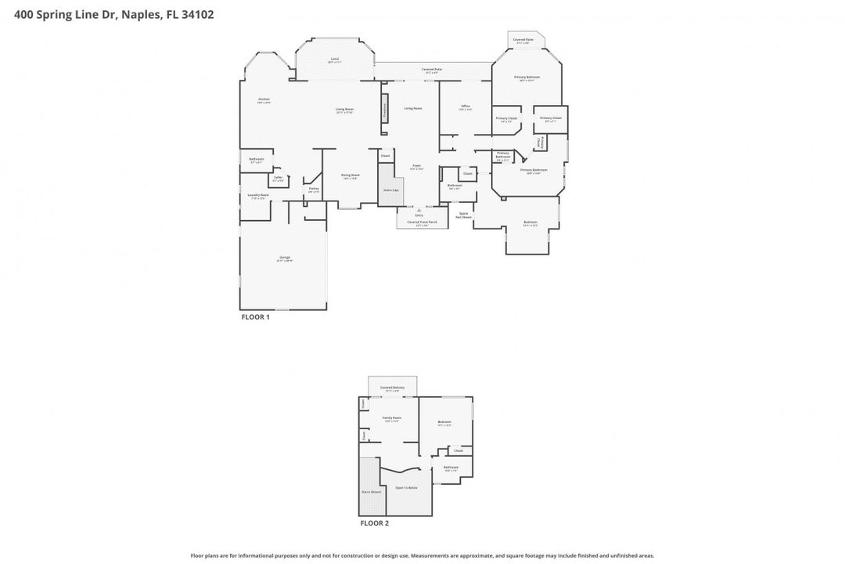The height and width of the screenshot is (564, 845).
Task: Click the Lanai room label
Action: pyautogui.click(x=334, y=60)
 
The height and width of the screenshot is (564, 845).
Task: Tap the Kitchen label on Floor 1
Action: pyautogui.click(x=264, y=99)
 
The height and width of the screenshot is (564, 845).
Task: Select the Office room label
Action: pyautogui.click(x=465, y=107)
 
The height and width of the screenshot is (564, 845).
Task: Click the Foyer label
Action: pyautogui.click(x=417, y=166)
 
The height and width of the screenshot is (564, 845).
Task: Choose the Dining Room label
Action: pyautogui.click(x=351, y=175)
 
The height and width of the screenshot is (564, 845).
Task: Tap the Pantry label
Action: pyautogui.click(x=313, y=189)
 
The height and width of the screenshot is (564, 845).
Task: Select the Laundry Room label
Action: pyautogui.click(x=258, y=196)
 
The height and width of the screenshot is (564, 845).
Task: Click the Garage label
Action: pyautogui.click(x=284, y=258)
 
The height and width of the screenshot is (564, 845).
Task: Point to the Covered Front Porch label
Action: pyautogui.click(x=422, y=223)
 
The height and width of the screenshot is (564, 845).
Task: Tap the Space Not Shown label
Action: pyautogui.click(x=464, y=215)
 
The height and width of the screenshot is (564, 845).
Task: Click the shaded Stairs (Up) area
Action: pyautogui.click(x=390, y=190)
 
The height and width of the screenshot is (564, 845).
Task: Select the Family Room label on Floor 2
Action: pyautogui.click(x=391, y=419)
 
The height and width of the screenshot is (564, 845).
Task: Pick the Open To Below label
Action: pyautogui.click(x=406, y=487)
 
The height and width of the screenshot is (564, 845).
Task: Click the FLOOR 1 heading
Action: pyautogui.click(x=255, y=317)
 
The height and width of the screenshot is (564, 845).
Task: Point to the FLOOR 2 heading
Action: pyautogui.click(x=374, y=522)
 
